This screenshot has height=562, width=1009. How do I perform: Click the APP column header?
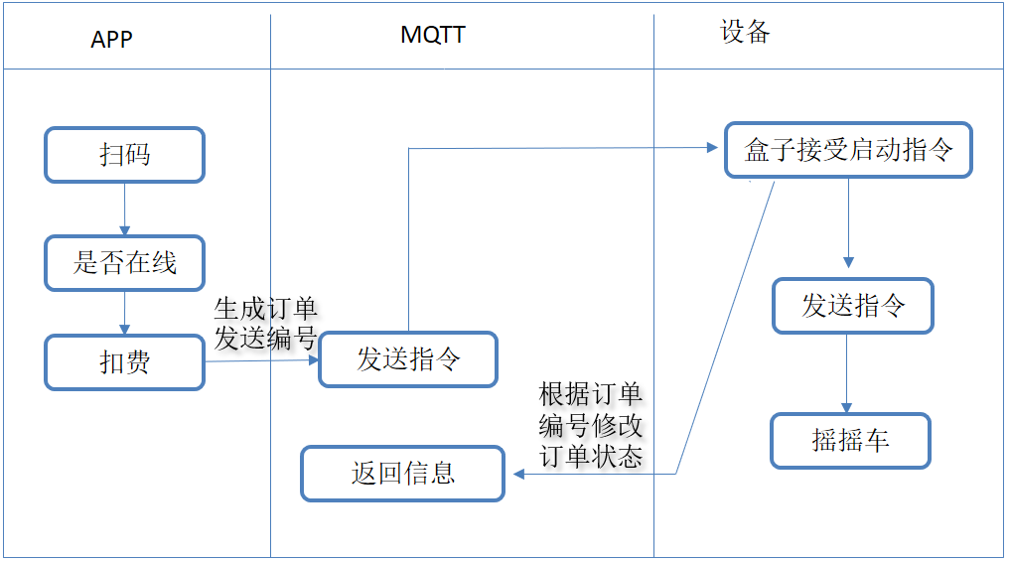tap(111, 39)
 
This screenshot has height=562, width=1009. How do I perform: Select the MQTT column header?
tap(432, 35)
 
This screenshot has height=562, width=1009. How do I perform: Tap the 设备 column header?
tap(745, 32)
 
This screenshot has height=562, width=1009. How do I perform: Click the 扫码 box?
tap(124, 155)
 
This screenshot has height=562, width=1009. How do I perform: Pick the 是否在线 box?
tap(124, 263)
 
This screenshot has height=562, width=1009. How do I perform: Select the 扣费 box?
tap(124, 362)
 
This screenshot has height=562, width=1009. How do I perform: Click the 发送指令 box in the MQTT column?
tap(408, 359)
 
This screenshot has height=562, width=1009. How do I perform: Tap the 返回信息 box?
tap(402, 473)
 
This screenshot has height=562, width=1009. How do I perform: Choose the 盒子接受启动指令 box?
tap(848, 150)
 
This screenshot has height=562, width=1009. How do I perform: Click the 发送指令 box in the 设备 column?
tap(853, 306)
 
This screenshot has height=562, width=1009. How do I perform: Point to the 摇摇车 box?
tap(850, 440)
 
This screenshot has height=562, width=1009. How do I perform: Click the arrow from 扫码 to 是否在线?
tap(124, 209)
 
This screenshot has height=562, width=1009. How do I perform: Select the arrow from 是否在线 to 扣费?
tap(124, 313)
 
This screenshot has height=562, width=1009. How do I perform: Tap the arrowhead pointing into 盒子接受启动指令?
tap(711, 148)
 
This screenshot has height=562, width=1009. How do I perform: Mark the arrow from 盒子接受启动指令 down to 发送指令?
tap(848, 223)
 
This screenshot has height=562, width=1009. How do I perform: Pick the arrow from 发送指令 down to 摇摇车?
tap(846, 372)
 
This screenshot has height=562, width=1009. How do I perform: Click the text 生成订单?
tap(265, 308)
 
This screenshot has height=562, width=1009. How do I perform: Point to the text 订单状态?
tap(591, 456)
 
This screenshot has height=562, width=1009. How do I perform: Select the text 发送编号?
tap(265, 338)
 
